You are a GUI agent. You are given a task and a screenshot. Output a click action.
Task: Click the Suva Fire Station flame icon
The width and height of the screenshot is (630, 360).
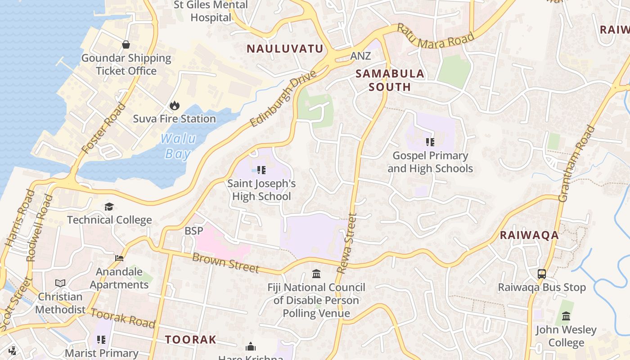(174, 106)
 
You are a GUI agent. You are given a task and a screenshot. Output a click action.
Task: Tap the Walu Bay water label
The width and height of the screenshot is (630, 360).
(178, 146)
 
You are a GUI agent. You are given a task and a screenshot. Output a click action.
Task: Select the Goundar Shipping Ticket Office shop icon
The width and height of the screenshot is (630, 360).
(126, 45)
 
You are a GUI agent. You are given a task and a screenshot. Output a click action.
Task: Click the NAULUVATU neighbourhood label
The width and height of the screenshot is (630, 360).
(285, 49)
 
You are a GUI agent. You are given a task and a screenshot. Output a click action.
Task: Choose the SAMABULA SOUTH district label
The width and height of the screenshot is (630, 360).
(390, 80)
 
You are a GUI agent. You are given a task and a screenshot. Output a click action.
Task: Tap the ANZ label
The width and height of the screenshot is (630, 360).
(360, 56)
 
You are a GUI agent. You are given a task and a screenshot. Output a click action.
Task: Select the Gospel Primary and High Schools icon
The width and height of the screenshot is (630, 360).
(430, 143)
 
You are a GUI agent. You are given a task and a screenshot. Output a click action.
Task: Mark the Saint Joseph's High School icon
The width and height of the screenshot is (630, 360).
(261, 170)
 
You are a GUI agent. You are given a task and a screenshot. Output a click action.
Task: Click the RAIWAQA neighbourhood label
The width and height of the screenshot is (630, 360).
(529, 235)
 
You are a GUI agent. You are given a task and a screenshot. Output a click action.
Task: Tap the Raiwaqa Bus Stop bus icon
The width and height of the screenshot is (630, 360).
(542, 274)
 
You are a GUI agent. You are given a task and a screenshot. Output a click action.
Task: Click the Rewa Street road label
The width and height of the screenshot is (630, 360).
(347, 243)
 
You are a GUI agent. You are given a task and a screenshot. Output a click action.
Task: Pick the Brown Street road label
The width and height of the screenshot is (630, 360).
(225, 263)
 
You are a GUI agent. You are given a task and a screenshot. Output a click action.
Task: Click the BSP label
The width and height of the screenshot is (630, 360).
(194, 231)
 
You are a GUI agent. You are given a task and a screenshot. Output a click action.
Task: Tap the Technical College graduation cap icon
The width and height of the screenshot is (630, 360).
(109, 207)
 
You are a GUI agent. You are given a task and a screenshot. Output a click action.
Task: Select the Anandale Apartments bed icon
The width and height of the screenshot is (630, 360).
(119, 258)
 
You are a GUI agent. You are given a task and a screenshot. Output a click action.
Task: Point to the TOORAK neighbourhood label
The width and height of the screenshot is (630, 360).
(190, 339)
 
